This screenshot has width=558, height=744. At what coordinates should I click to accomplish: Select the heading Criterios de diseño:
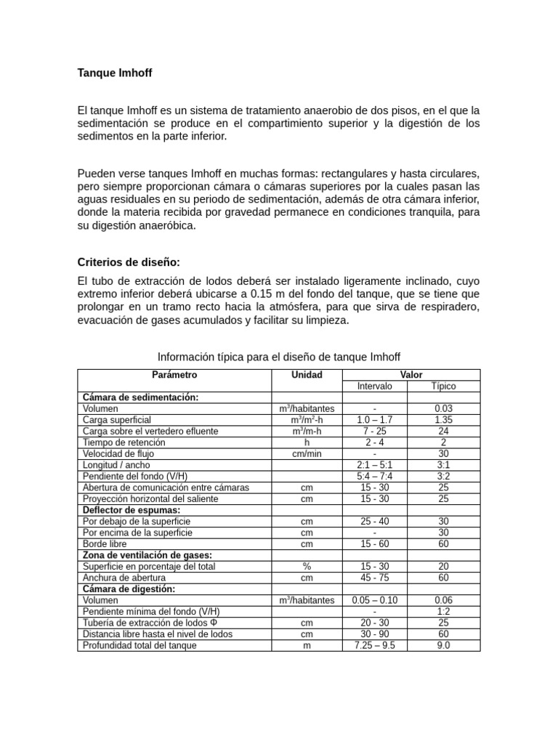tap(129, 262)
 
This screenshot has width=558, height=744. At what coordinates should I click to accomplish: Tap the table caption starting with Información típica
tap(279, 356)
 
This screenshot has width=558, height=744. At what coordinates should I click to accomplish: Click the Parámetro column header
tap(174, 375)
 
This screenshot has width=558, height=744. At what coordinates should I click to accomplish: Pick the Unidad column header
tap(307, 375)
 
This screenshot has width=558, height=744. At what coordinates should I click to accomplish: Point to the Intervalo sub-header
tap(375, 386)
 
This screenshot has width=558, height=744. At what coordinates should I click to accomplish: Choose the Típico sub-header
tap(443, 386)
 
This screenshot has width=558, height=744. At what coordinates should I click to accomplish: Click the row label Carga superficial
tap(117, 420)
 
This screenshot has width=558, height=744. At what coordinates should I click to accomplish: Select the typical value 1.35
tap(443, 420)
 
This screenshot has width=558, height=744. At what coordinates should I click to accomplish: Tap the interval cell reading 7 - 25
tap(375, 431)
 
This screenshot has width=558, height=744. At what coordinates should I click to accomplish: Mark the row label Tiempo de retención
tap(124, 442)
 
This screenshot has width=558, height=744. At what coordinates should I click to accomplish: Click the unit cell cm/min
tap(307, 453)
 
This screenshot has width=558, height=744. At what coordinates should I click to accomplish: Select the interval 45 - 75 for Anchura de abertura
tap(375, 578)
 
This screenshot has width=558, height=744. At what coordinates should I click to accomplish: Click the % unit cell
tap(307, 566)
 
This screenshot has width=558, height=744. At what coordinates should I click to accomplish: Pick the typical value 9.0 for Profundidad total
tap(443, 645)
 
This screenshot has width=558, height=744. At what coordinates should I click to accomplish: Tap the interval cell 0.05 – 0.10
tap(375, 600)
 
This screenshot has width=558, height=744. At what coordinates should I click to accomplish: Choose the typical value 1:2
tap(443, 611)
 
